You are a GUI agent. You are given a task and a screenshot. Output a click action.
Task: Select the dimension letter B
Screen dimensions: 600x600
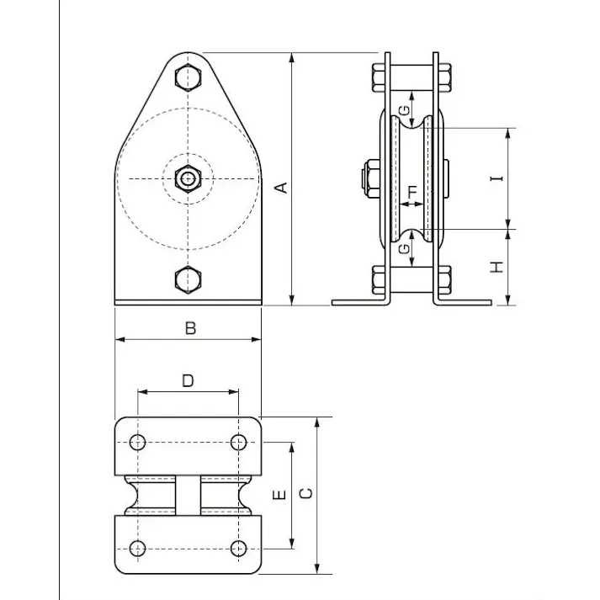(x=190, y=328)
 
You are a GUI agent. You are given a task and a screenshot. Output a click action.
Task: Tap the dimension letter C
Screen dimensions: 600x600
(x=306, y=493)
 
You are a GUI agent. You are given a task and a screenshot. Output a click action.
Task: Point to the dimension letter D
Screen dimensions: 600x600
(x=188, y=380)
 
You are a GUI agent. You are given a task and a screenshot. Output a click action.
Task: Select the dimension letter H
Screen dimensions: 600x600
(x=496, y=268)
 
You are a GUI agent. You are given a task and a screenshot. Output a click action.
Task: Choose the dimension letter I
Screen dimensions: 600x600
(x=496, y=178)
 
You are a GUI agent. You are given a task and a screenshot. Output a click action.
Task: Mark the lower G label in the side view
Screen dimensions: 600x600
(x=405, y=249)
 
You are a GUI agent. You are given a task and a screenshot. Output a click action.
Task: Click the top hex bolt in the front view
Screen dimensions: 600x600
(x=188, y=77)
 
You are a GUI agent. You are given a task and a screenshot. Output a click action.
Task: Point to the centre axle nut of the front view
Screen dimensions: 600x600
(x=188, y=178)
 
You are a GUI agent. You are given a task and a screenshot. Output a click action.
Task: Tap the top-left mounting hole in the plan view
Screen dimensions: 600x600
(x=139, y=442)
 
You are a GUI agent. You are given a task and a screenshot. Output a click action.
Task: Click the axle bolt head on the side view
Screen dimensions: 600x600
(x=368, y=178)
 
